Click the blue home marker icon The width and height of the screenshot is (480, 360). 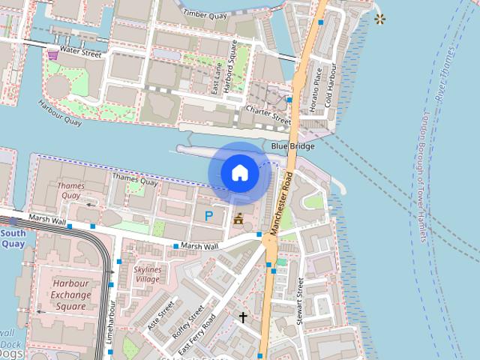click(x=239, y=173)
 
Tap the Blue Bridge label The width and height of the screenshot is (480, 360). click(x=292, y=146)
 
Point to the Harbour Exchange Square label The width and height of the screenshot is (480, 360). click(x=72, y=295)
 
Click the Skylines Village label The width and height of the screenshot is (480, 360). click(x=147, y=274)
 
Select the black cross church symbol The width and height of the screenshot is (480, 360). click(x=242, y=317)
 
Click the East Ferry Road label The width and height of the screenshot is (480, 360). click(x=197, y=334)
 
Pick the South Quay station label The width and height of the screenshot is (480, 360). click(x=13, y=238)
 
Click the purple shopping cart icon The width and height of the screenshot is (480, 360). click(x=52, y=53)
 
